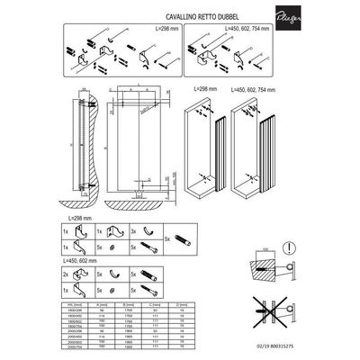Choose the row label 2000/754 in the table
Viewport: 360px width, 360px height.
pos(76,347)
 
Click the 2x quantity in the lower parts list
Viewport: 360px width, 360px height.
pos(67,273)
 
